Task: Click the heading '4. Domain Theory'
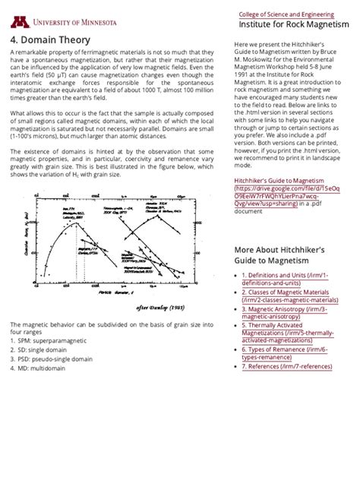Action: pos(50,39)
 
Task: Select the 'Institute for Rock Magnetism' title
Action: pos(293,26)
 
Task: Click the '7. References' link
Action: pos(289,366)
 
